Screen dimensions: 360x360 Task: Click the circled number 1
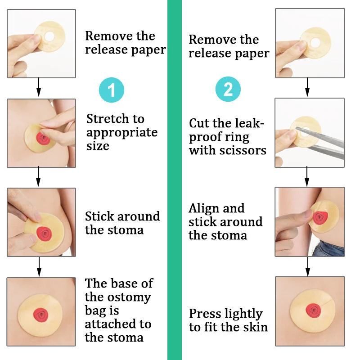(111, 90)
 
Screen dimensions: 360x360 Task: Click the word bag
(96, 310)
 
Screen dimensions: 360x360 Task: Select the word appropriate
(122, 133)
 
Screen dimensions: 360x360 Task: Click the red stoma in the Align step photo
(319, 218)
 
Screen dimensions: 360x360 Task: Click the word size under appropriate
(98, 146)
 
